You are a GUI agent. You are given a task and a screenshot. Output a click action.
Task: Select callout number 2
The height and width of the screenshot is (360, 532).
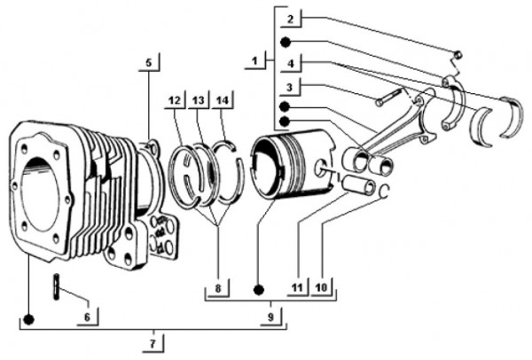tap(292, 18)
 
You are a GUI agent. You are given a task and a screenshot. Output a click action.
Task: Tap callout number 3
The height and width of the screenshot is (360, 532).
tap(290, 86)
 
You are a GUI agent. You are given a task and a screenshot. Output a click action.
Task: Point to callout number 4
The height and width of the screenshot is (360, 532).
tap(292, 62)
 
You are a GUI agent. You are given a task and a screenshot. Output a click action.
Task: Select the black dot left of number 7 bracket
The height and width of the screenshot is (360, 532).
tap(28, 318)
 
